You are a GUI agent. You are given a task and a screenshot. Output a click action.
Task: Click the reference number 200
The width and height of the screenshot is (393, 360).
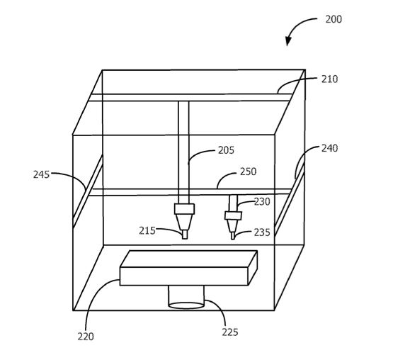pos(334,19)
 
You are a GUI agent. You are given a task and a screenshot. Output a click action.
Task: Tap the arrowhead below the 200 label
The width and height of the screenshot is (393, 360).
pos(288,41)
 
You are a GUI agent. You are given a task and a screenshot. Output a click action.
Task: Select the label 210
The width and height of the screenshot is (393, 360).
pos(329,79)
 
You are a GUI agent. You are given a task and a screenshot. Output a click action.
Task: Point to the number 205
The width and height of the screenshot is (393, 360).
pos(226,150)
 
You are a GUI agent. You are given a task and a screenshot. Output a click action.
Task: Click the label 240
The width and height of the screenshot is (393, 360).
pos(329,148)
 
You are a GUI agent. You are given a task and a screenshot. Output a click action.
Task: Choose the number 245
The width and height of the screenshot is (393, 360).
pos(41,174)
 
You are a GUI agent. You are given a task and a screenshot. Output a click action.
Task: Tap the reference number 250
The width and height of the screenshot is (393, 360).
pos(248,171)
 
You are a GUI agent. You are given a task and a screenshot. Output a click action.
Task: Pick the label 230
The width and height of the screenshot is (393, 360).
pos(262,201)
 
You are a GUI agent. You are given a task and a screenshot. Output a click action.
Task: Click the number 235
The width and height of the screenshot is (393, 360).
pos(262,232)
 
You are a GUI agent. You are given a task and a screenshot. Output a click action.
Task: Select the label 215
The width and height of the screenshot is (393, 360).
pos(147,231)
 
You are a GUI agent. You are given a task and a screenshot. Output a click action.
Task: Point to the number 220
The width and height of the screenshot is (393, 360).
pos(86,337)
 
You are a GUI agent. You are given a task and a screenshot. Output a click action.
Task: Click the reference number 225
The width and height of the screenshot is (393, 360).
pos(230,332)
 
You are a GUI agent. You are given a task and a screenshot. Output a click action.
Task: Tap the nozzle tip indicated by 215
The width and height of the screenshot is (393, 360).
pos(185,235)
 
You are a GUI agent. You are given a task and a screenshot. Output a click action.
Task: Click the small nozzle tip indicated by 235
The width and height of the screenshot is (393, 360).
pos(232,236)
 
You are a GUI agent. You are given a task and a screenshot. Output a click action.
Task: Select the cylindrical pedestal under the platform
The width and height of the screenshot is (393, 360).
pos(186,297)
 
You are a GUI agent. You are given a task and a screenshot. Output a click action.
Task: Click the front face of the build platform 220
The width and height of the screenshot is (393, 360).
pos(183,276)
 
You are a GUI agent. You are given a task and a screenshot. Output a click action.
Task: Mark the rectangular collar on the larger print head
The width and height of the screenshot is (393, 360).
pos(185,209)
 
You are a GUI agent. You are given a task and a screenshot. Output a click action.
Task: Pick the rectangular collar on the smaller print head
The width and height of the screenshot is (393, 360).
pos(233,215)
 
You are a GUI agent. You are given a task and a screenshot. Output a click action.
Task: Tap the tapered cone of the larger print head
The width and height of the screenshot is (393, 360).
pos(185,222)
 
